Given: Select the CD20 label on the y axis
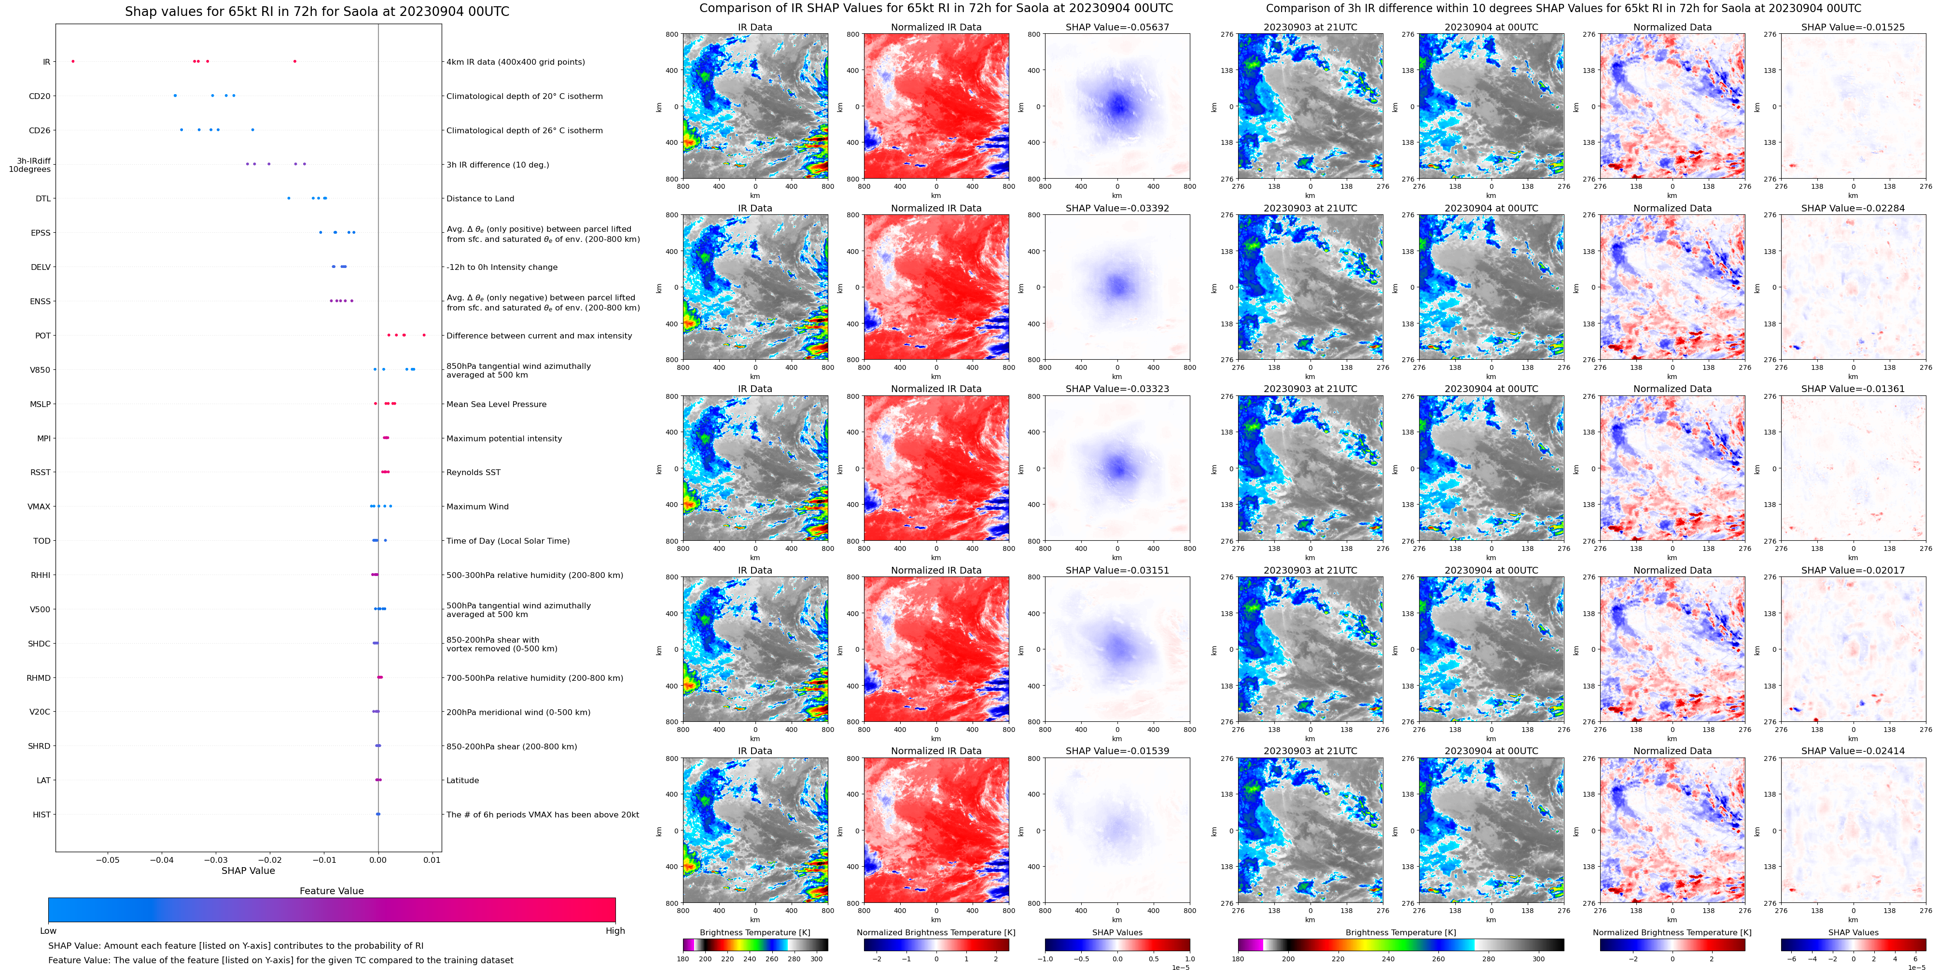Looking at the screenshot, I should click(x=40, y=96).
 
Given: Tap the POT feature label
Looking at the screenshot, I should click(x=43, y=336).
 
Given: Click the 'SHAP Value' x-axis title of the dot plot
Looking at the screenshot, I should click(x=248, y=871).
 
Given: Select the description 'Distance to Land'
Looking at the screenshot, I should click(x=480, y=198).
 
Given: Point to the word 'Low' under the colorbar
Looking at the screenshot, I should click(x=48, y=931).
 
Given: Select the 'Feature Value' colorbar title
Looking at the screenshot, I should click(x=331, y=891).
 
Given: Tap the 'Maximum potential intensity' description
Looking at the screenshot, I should click(x=504, y=439).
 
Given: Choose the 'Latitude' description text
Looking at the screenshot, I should click(x=463, y=780).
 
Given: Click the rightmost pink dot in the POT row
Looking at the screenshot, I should click(x=424, y=335).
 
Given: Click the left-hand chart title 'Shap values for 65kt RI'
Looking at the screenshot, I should click(x=317, y=11).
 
